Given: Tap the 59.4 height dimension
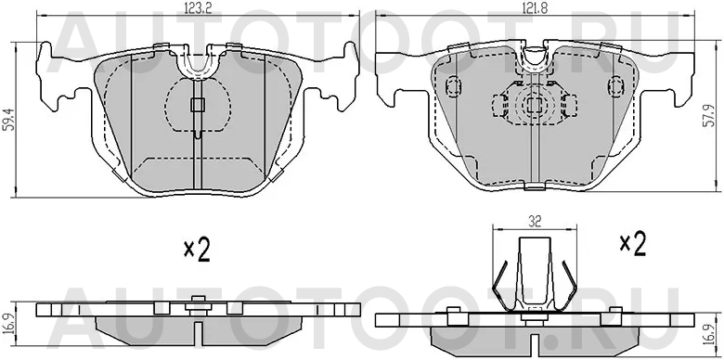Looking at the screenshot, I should click(x=8, y=120).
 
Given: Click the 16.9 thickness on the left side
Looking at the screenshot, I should click(x=10, y=322).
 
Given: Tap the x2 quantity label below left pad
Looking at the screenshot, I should click(x=197, y=249).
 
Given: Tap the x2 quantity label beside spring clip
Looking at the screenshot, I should click(x=632, y=243).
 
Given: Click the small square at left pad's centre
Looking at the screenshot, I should click(x=196, y=105).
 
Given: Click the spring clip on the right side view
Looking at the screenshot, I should click(x=532, y=273).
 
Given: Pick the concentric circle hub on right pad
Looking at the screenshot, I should click(x=534, y=105).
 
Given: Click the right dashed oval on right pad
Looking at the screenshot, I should click(x=614, y=87).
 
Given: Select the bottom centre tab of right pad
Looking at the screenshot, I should click(x=534, y=187).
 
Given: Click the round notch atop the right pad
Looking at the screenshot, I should click(x=534, y=58).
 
